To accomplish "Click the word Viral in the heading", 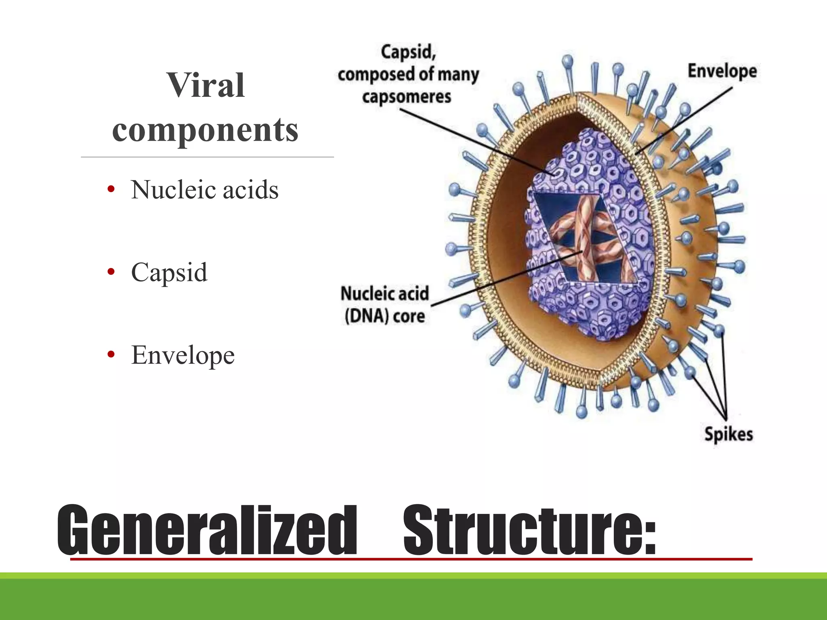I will [206, 85].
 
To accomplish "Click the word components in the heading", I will [206, 130].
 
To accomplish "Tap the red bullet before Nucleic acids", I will [111, 189].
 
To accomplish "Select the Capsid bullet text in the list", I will [169, 272].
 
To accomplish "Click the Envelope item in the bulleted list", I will [183, 355].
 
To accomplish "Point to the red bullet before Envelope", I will [111, 355].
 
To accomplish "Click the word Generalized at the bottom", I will [207, 530].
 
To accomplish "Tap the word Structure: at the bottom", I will [529, 530].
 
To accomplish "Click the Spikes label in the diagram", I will [728, 434].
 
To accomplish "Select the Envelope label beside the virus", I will [722, 71].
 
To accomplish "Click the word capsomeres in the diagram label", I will [406, 97].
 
